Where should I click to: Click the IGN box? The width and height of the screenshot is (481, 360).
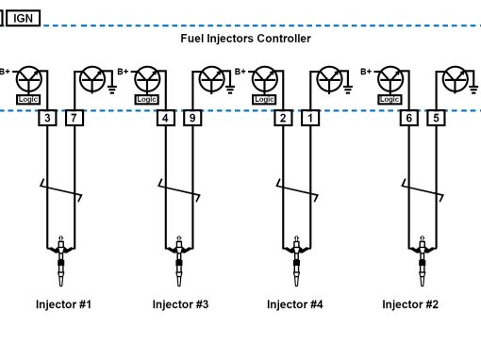pyautogui.click(x=24, y=18)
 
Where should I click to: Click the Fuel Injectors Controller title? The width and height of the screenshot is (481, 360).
pyautogui.click(x=245, y=39)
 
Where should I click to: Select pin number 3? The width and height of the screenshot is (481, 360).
pyautogui.click(x=47, y=118)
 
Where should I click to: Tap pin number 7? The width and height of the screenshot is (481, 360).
pyautogui.click(x=75, y=118)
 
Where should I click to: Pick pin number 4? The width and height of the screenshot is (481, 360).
pyautogui.click(x=166, y=118)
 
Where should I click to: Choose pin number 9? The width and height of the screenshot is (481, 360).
pyautogui.click(x=192, y=118)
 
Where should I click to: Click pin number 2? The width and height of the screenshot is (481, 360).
pyautogui.click(x=283, y=118)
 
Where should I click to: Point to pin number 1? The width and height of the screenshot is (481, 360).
pyautogui.click(x=310, y=118)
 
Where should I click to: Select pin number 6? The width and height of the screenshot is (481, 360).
pyautogui.click(x=409, y=118)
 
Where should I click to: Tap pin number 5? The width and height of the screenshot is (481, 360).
pyautogui.click(x=436, y=118)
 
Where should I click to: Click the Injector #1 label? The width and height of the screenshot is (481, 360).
pyautogui.click(x=63, y=304)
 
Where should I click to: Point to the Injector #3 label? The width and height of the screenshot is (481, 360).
pyautogui.click(x=180, y=304)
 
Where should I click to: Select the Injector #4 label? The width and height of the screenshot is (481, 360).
pyautogui.click(x=295, y=304)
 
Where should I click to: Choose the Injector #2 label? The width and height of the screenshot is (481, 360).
pyautogui.click(x=410, y=304)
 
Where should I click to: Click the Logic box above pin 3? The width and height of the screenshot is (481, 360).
pyautogui.click(x=28, y=100)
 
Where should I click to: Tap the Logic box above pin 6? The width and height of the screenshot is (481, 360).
pyautogui.click(x=390, y=100)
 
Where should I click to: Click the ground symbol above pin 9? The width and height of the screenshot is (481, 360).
pyautogui.click(x=230, y=90)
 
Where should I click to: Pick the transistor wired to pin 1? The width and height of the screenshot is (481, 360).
pyautogui.click(x=329, y=79)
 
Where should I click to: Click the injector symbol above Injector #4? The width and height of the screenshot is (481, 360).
pyautogui.click(x=296, y=261)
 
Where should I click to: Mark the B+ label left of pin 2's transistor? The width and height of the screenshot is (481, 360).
pyautogui.click(x=240, y=72)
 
